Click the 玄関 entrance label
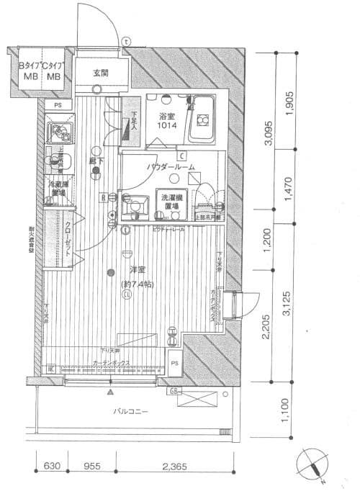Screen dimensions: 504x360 pos(100,73)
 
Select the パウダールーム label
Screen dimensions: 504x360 pos(168,166)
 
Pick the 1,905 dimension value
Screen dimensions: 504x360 pos(290,99)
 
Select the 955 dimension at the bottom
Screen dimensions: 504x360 pos(89,467)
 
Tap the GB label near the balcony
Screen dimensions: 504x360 pos(174,392)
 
